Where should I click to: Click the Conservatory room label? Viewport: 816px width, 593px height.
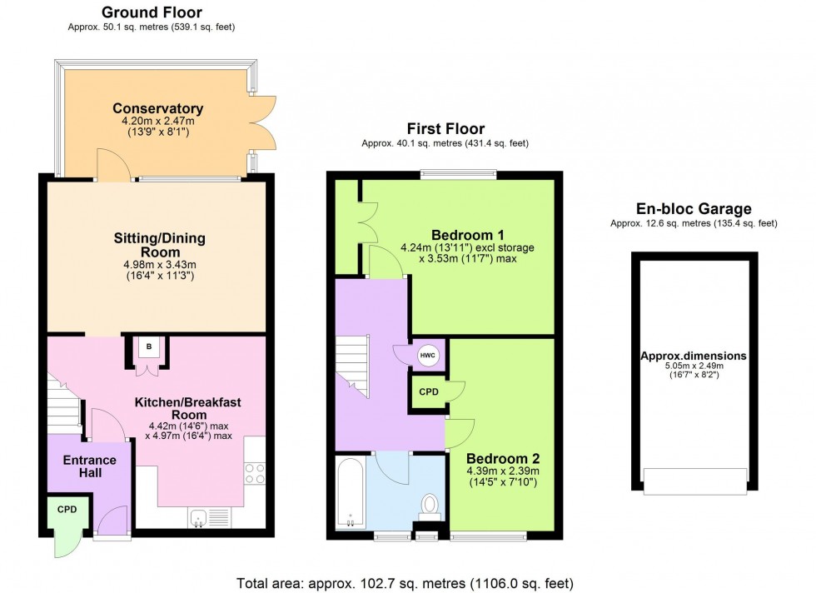point(158,109)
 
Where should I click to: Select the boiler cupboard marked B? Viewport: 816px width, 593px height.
point(149,346)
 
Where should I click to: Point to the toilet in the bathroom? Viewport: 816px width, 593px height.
point(430,506)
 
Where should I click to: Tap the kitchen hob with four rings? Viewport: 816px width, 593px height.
point(255,472)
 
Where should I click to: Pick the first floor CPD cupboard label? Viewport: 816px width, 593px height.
point(429,391)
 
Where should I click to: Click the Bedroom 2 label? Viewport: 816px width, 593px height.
point(503,459)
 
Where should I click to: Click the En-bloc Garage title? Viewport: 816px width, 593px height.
point(694,210)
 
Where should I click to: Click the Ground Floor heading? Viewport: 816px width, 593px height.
point(152,12)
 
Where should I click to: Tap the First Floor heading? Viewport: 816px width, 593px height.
point(445,128)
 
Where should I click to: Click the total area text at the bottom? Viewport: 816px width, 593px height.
point(406,583)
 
